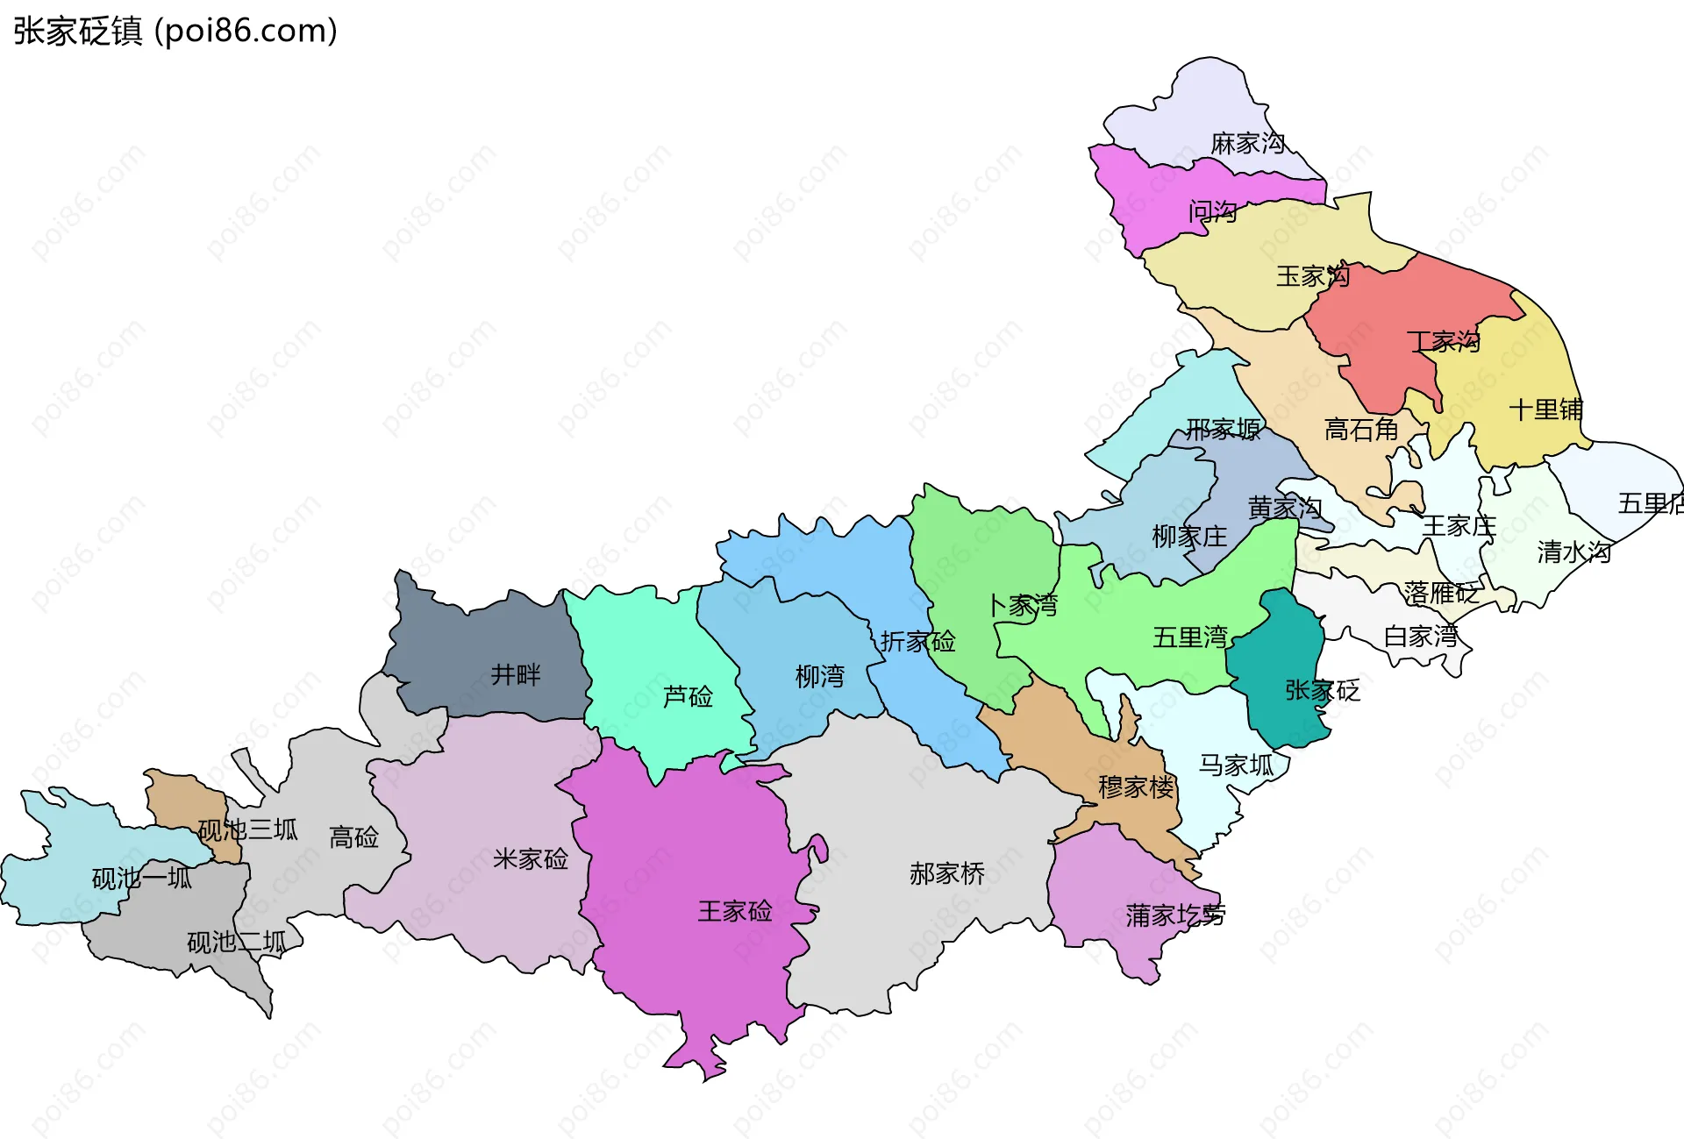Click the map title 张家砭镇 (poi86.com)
(x=175, y=32)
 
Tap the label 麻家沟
(x=1247, y=143)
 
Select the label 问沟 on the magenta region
(x=1212, y=211)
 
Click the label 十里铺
(x=1545, y=409)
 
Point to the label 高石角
(x=1360, y=430)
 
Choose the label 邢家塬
(x=1224, y=429)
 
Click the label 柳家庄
(x=1189, y=536)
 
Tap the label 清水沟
(x=1573, y=552)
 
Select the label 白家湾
(x=1420, y=636)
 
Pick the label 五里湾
(x=1189, y=637)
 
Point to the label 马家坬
(x=1236, y=765)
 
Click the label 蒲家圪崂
(x=1175, y=915)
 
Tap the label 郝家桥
(x=946, y=873)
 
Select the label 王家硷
(x=734, y=911)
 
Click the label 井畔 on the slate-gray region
(x=515, y=674)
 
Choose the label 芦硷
(x=688, y=696)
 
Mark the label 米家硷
(x=530, y=858)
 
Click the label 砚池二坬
(x=236, y=943)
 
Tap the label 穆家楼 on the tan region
(x=1136, y=787)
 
